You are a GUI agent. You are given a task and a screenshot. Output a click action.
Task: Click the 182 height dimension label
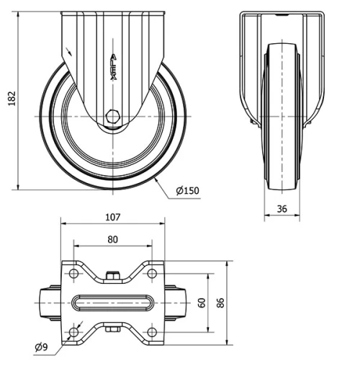[x=10, y=99]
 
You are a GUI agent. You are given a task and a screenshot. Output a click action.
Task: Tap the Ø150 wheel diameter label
[x=187, y=190]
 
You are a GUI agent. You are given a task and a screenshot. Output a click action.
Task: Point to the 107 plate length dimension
[x=112, y=216]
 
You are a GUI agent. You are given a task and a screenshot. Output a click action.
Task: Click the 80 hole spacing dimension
[x=112, y=240]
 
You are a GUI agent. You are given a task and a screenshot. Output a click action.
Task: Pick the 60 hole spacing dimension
[x=202, y=303]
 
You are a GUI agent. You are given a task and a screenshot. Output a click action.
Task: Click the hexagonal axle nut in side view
[x=112, y=116]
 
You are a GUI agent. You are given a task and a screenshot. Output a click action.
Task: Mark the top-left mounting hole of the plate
[x=74, y=274]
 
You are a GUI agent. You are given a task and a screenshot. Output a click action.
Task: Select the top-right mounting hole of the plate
[x=151, y=274]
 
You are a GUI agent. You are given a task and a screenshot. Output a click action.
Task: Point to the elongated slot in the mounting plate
[x=112, y=303]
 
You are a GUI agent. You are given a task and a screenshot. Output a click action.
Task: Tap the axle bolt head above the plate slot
[x=112, y=274]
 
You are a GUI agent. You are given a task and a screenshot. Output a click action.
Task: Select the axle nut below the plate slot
[x=112, y=331]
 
